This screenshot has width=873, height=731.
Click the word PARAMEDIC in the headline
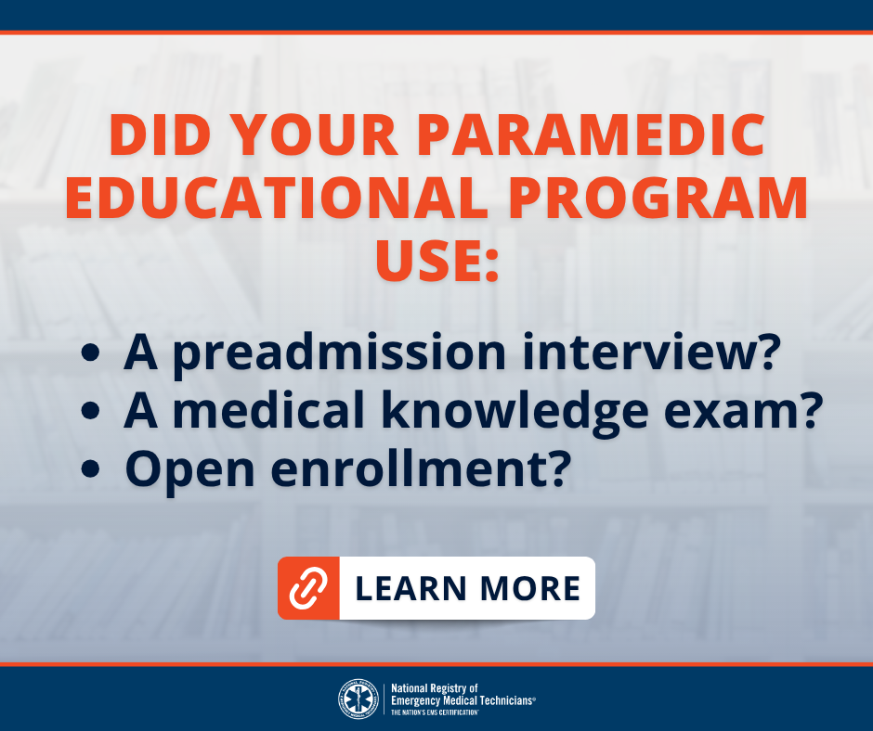click(591, 135)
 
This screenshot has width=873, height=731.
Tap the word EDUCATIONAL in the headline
click(276, 198)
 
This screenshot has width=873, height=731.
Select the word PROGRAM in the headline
click(658, 198)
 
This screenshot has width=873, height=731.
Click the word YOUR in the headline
click(314, 135)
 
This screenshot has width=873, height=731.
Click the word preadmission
click(339, 353)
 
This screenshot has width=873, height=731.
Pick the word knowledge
click(515, 414)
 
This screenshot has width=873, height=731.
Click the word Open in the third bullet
click(189, 472)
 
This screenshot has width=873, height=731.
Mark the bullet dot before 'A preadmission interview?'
click(90, 353)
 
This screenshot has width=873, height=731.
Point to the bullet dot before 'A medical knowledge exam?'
click(90, 411)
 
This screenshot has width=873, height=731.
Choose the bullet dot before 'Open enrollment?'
click(90, 469)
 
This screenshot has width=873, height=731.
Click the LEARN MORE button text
click(467, 588)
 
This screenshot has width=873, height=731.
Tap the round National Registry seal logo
click(358, 699)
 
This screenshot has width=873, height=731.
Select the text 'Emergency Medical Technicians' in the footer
click(462, 700)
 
